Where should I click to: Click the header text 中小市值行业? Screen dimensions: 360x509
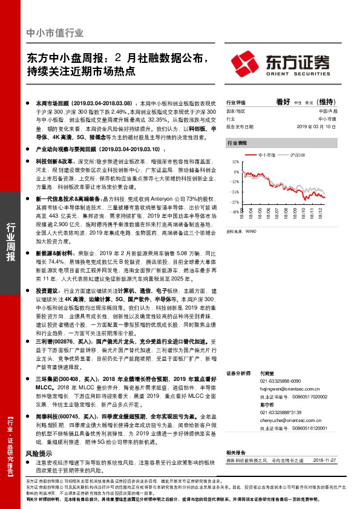click(x=55, y=33)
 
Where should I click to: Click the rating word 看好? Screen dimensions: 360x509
click(x=283, y=102)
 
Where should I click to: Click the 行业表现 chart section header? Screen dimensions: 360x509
click(x=237, y=144)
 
